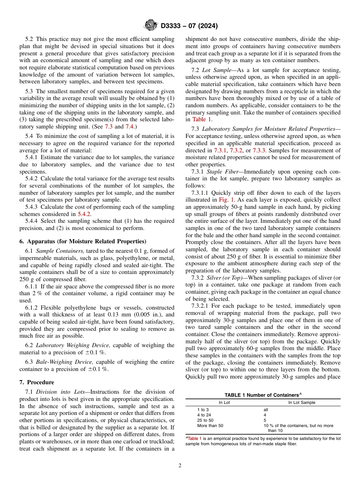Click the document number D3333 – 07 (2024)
[x=189, y=26]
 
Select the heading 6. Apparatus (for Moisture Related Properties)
[x=83, y=241]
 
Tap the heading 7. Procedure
[x=37, y=382]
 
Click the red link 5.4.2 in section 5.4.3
[x=85, y=214]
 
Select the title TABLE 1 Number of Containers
[x=263, y=395]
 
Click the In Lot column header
[x=224, y=402]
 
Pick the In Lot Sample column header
[x=302, y=402]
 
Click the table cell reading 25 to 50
[x=205, y=420]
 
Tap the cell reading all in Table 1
[x=266, y=410]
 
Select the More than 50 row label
[x=210, y=426]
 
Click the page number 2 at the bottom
[x=180, y=466]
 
